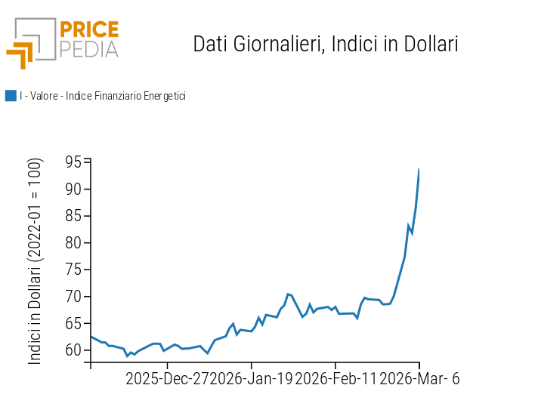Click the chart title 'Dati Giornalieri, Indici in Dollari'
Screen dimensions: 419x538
pos(326,44)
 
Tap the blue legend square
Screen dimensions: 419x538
pos(11,96)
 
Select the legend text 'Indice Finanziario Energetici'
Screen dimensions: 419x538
pos(125,96)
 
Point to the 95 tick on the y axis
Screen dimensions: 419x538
pos(73,162)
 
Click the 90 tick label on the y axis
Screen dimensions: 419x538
pos(73,189)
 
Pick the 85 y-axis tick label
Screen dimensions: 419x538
pos(73,216)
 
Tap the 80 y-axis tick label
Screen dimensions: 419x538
pos(73,243)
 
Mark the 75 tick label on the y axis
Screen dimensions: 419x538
pos(73,270)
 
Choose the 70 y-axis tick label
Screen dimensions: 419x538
pos(73,297)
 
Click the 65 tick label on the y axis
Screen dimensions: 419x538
pos(73,323)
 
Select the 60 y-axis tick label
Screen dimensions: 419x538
pos(73,350)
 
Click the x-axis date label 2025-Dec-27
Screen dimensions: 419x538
pos(168,378)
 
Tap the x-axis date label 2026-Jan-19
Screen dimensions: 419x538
pos(252,378)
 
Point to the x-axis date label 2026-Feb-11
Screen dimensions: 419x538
pos(335,378)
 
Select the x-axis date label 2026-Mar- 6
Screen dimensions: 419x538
pos(419,378)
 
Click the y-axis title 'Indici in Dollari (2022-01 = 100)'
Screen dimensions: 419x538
pos(36,261)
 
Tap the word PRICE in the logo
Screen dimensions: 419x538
pos(89,30)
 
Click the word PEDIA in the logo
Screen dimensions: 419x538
pos(89,50)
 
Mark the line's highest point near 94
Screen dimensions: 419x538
pos(419,170)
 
